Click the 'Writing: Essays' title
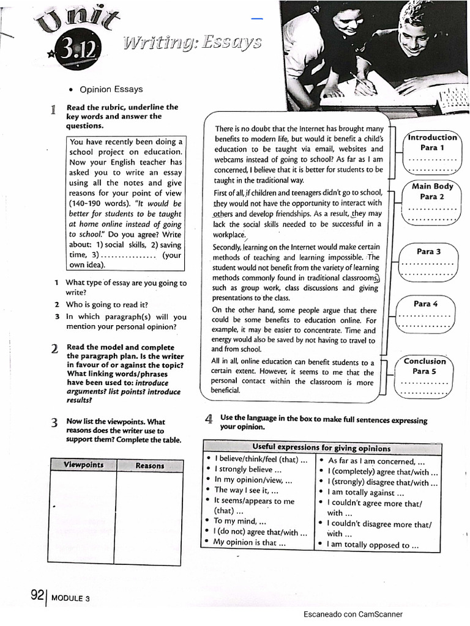click(x=192, y=42)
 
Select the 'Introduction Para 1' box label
click(x=433, y=142)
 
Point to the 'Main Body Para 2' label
click(x=433, y=191)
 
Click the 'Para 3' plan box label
click(x=428, y=251)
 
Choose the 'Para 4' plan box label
click(x=426, y=304)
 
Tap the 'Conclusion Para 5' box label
click(x=425, y=366)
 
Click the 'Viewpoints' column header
click(x=84, y=465)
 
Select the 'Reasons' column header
click(x=150, y=465)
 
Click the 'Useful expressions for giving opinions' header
click(x=321, y=447)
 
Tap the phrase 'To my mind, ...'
click(x=239, y=521)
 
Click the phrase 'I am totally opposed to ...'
click(x=373, y=545)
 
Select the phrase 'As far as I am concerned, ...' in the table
click(x=376, y=462)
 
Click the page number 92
click(x=37, y=595)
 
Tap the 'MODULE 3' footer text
click(x=71, y=598)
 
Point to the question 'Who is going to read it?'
click(x=106, y=304)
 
